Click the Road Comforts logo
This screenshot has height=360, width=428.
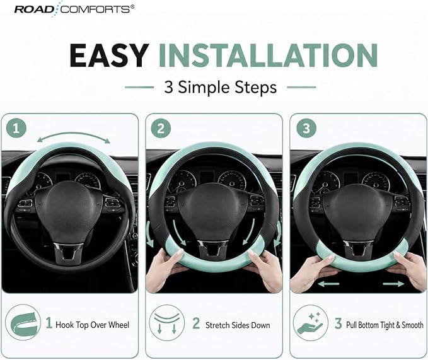pyautogui.click(x=74, y=9)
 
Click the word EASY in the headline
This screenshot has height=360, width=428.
pyautogui.click(x=109, y=55)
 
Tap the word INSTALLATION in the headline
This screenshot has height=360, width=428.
pyautogui.click(x=268, y=55)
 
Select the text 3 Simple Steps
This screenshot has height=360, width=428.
pyautogui.click(x=220, y=88)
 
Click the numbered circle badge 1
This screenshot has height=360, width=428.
pyautogui.click(x=16, y=128)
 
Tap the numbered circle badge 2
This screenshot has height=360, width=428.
pyautogui.click(x=161, y=128)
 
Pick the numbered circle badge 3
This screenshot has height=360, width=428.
pyautogui.click(x=306, y=128)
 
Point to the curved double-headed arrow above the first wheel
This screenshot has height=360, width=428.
pyautogui.click(x=73, y=134)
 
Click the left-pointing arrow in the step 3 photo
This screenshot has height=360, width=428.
pyautogui.click(x=328, y=284)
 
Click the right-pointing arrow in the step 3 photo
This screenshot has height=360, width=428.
pyautogui.click(x=393, y=284)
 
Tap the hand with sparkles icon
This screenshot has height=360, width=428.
pyautogui.click(x=310, y=323)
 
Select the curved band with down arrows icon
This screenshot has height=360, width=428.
pyautogui.click(x=167, y=323)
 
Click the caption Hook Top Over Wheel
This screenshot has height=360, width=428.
pyautogui.click(x=92, y=325)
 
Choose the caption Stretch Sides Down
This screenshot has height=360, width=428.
pyautogui.click(x=238, y=325)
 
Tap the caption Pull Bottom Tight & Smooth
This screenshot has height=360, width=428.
pyautogui.click(x=385, y=325)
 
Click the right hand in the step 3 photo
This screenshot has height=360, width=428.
pyautogui.click(x=407, y=269)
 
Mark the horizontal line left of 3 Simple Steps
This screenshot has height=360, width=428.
pyautogui.click(x=139, y=88)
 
